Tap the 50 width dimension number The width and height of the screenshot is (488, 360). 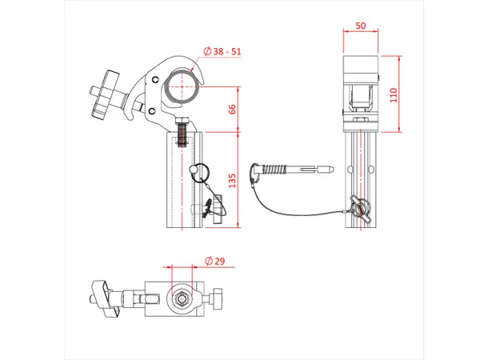pos(362,26)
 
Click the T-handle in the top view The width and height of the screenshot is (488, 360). pos(103,298)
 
